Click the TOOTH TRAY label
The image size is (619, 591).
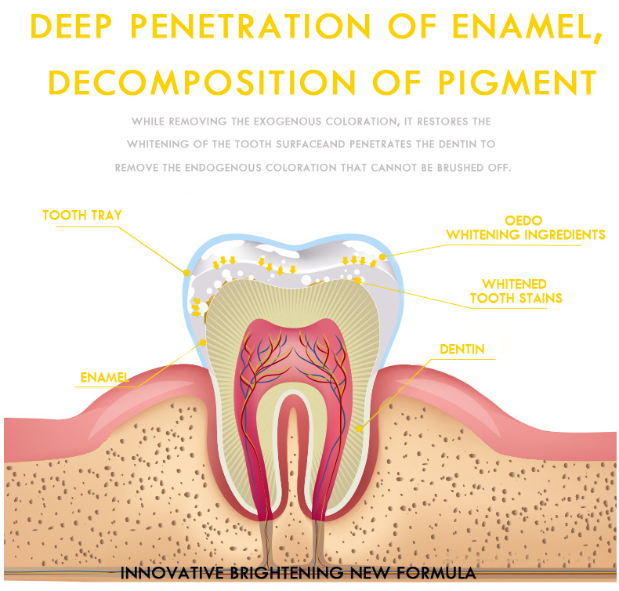click(x=82, y=216)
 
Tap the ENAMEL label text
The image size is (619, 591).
click(x=105, y=378)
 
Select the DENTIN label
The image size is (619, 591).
click(x=462, y=349)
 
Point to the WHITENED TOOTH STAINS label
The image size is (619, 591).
click(x=516, y=291)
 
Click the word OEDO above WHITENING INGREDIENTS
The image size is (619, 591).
click(x=523, y=220)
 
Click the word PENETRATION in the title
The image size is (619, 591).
click(x=251, y=27)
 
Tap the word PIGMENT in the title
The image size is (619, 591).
click(x=518, y=82)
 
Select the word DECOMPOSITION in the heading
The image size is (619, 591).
click(x=201, y=82)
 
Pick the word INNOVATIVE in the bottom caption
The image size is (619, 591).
click(x=172, y=573)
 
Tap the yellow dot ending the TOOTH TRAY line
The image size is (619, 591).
click(x=186, y=273)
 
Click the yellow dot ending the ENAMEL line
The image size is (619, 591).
click(x=202, y=343)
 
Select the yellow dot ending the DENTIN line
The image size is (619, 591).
click(x=359, y=428)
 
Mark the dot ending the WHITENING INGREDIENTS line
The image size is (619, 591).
click(x=382, y=257)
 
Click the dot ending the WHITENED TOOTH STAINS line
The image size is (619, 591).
click(x=358, y=281)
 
